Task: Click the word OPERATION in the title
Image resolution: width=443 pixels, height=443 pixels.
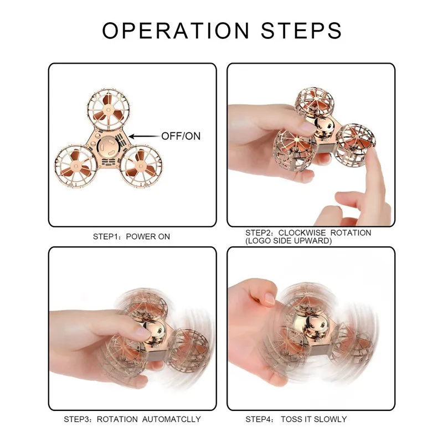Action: (176, 30)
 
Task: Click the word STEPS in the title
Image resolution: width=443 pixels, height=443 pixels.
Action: (301, 30)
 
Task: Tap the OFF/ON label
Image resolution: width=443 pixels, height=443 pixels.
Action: (181, 136)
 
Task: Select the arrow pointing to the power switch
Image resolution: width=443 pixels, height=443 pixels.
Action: (145, 136)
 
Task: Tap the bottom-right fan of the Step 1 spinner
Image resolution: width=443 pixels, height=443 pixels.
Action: (141, 167)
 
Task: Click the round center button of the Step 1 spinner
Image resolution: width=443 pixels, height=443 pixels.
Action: (109, 147)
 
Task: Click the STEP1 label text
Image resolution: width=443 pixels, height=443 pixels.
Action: (104, 236)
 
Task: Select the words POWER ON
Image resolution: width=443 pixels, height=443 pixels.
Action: (148, 236)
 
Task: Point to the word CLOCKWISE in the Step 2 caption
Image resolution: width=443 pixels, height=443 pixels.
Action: (302, 233)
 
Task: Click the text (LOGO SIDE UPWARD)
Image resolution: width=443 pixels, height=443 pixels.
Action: (289, 241)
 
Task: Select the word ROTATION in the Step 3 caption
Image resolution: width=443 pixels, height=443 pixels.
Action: (117, 419)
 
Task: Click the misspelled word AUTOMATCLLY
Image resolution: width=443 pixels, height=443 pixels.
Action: (171, 419)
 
